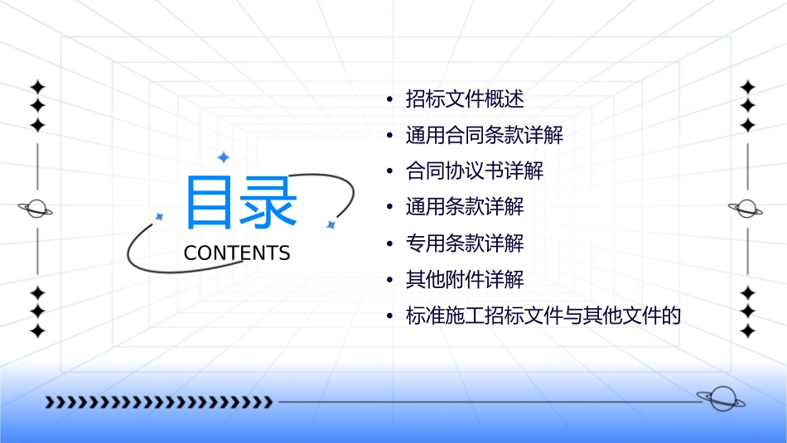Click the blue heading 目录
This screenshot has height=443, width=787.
coord(240,203)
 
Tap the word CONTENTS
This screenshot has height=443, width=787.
coord(237,253)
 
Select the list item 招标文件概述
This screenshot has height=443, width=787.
coord(465,99)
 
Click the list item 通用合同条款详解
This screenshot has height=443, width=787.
coord(484,135)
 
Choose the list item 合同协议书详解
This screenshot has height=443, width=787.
coord(474,171)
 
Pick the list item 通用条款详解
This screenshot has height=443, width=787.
coord(465,207)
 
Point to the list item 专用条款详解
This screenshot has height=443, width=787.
coord(465,243)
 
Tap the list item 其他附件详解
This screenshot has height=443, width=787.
coord(465,279)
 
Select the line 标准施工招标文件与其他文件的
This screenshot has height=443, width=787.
coord(543,315)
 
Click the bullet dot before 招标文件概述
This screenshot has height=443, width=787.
coord(389,100)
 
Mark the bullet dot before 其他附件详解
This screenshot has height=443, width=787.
coord(389,280)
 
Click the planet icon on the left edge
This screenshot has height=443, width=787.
coord(36,209)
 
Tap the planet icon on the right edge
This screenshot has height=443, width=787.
coord(746,209)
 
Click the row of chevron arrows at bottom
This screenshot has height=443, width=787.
coord(158,402)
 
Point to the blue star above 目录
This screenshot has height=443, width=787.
coord(223,157)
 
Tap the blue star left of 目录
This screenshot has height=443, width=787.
coord(160,216)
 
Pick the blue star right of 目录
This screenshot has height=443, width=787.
coord(331,224)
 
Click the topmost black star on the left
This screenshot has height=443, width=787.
coord(37,87)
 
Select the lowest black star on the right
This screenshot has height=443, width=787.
coord(748,331)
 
